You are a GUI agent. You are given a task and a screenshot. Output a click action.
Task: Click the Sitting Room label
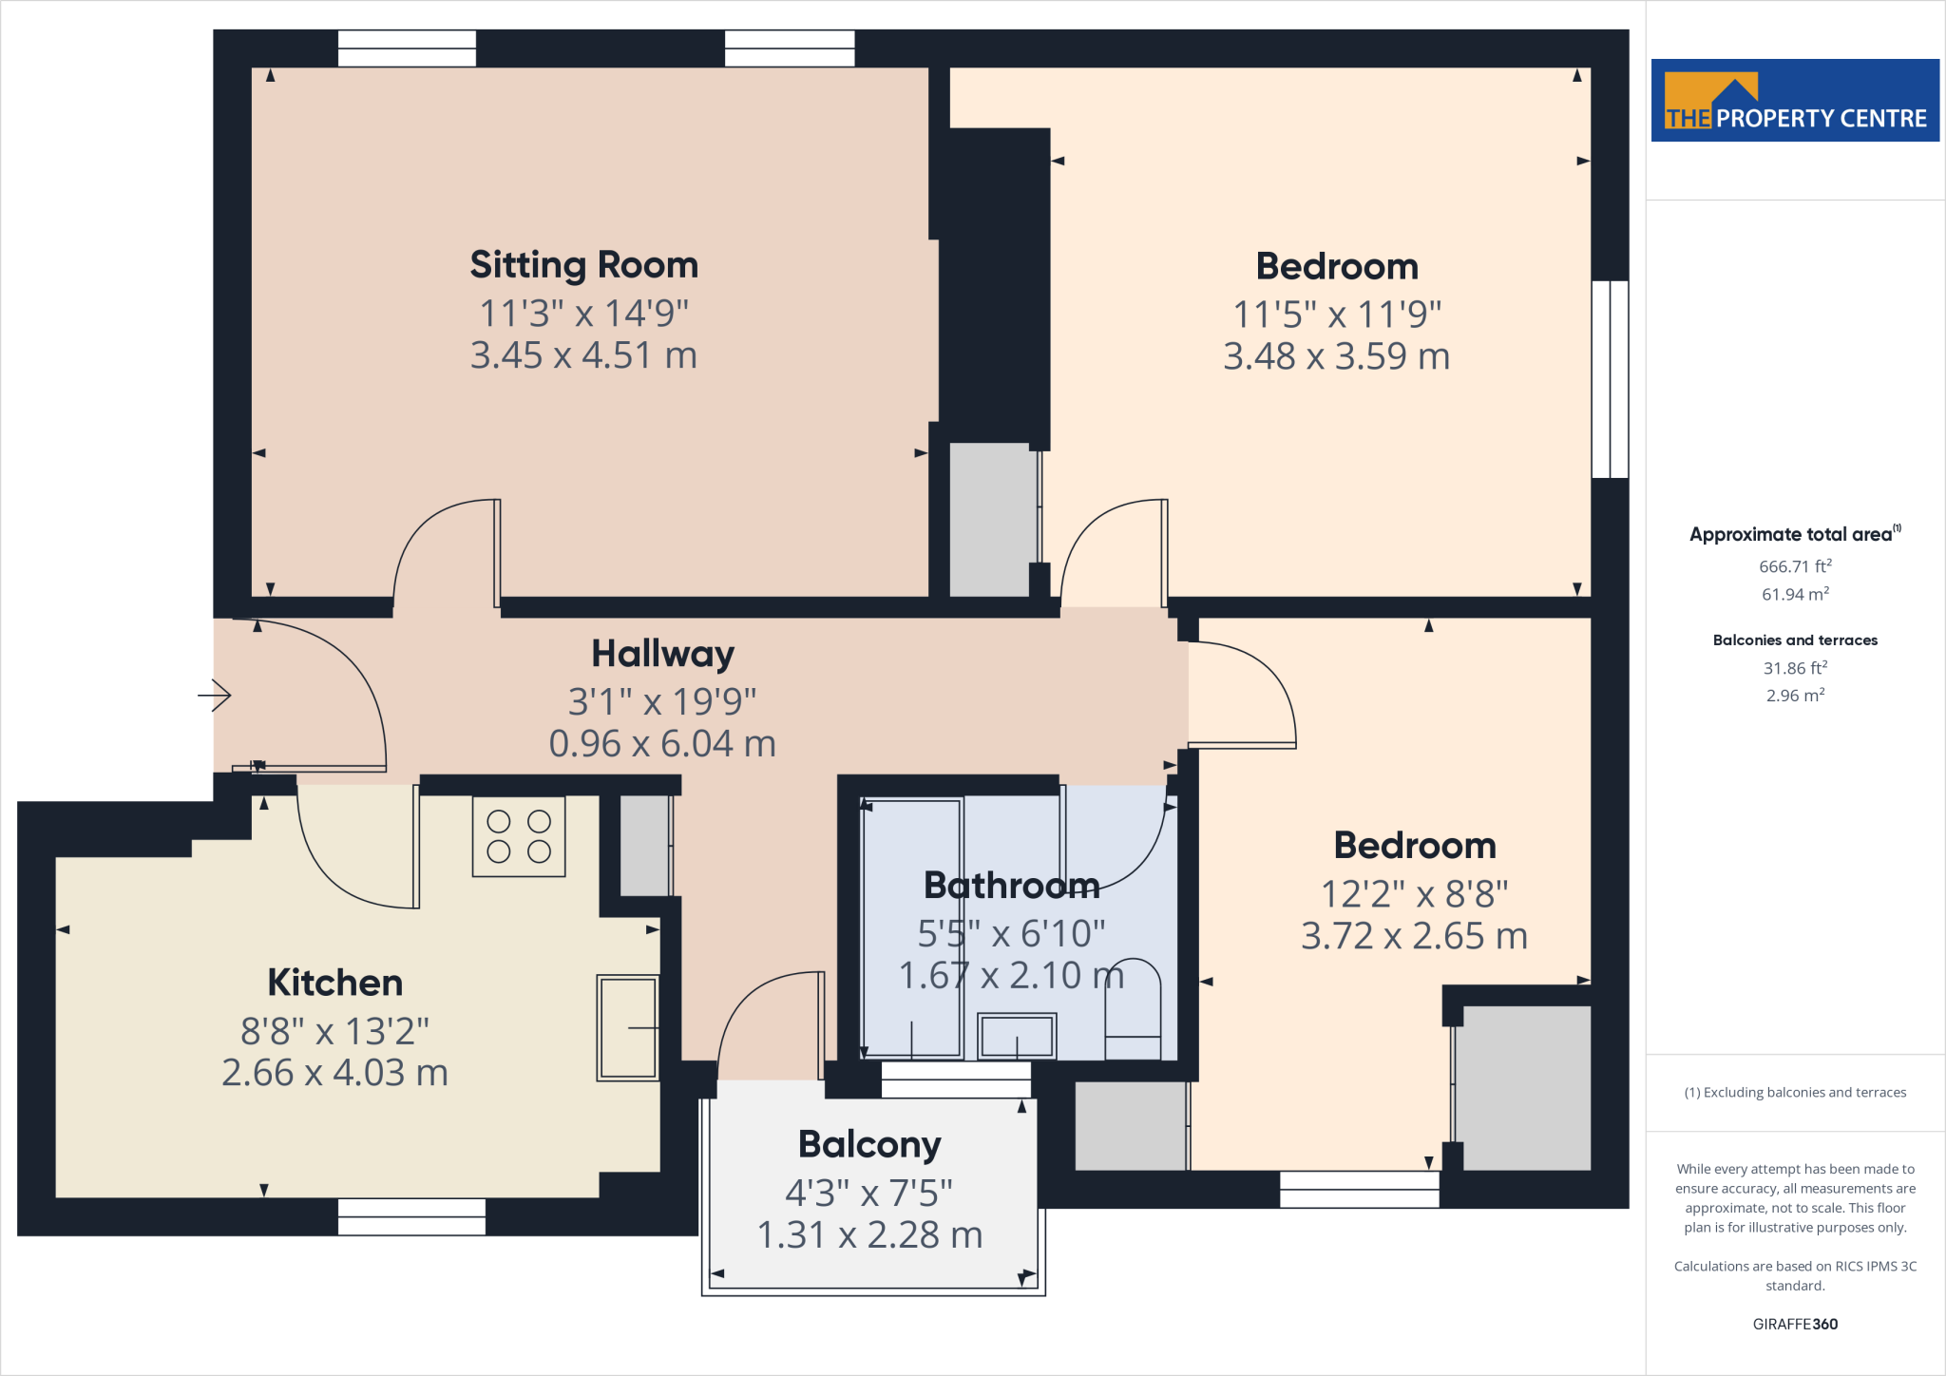583,265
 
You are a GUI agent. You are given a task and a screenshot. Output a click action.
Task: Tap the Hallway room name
662,654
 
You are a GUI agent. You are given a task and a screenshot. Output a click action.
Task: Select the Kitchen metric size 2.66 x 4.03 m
334,1073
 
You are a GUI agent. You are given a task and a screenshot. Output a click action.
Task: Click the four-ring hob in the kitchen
519,836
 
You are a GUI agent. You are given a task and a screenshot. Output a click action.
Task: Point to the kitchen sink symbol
627,1027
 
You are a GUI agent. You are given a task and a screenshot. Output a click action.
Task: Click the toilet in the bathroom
1133,1012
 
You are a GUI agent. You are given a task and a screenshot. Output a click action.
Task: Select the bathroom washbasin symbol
1017,1036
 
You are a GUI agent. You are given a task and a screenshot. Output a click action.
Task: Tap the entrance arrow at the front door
215,696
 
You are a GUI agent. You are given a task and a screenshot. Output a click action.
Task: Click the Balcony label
869,1144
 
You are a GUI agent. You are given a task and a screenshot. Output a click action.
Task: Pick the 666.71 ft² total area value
1794,566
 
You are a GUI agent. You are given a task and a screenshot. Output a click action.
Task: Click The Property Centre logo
1794,101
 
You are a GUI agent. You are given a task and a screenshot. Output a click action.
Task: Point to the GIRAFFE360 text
1794,1324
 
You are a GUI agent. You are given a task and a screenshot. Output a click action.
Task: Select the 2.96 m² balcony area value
1794,696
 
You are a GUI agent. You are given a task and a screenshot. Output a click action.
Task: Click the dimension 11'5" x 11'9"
1336,315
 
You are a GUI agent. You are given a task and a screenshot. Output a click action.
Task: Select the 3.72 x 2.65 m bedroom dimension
1414,937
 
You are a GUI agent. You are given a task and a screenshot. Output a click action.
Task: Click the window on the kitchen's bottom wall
411,1216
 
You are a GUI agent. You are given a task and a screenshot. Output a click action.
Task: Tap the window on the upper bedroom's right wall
1610,379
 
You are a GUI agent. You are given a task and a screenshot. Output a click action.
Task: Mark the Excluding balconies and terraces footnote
1794,1093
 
